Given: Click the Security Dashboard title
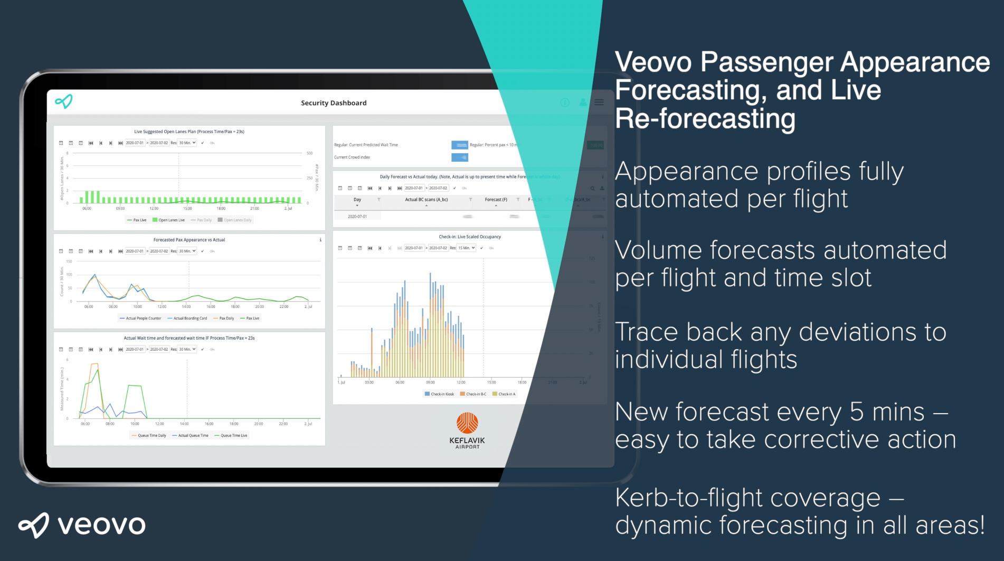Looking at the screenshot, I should point(334,103).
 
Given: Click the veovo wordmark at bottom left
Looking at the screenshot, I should point(82,525).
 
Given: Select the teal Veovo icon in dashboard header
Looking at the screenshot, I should point(64,101).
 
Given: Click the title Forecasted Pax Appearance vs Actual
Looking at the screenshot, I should point(189,240).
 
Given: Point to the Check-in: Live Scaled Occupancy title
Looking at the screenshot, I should point(470,237).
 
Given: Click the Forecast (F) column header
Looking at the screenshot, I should point(496,200).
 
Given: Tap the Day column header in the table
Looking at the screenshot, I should point(357,200).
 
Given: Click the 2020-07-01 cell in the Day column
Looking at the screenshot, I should point(357,217).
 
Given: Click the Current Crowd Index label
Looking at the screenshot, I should point(352,157).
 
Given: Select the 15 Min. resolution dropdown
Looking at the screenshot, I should point(467,248).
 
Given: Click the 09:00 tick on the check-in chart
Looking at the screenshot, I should point(430,382).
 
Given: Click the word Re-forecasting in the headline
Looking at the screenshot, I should point(705,118).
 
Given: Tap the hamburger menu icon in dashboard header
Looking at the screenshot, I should point(599,102).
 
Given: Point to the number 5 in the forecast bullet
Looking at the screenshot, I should point(857,412).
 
